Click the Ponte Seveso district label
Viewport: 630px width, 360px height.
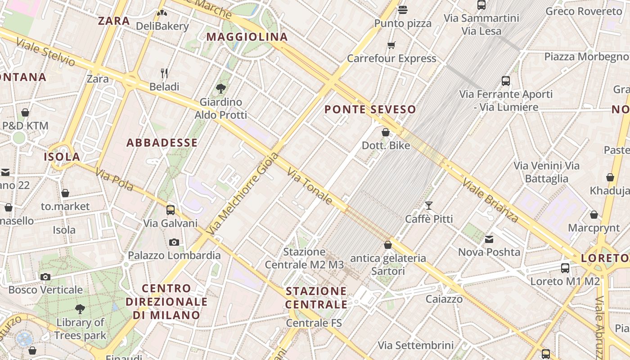pyautogui.click(x=370, y=109)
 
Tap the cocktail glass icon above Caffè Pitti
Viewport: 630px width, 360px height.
pyautogui.click(x=429, y=206)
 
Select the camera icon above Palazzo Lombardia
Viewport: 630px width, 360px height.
pyautogui.click(x=174, y=242)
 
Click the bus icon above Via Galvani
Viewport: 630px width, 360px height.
pyautogui.click(x=171, y=210)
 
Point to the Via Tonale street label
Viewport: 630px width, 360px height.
pyautogui.click(x=310, y=186)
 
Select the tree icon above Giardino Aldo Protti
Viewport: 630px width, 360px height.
pyautogui.click(x=221, y=88)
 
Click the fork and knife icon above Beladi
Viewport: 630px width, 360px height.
pyautogui.click(x=164, y=73)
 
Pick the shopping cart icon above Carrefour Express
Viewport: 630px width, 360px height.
pyautogui.click(x=391, y=45)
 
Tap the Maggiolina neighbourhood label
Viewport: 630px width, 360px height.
pyautogui.click(x=247, y=37)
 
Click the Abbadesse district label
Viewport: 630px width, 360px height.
pyautogui.click(x=162, y=143)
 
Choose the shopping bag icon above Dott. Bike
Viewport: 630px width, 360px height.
pyautogui.click(x=386, y=132)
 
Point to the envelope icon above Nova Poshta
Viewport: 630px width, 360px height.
pyautogui.click(x=489, y=239)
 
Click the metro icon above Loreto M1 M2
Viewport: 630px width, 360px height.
pyautogui.click(x=565, y=268)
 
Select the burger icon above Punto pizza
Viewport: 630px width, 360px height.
pyautogui.click(x=403, y=10)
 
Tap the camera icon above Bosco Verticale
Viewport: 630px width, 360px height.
pyautogui.click(x=45, y=277)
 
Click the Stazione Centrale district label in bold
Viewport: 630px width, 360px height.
pyautogui.click(x=316, y=297)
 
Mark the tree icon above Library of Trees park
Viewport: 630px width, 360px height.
pyautogui.click(x=80, y=309)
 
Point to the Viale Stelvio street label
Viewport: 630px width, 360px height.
pyautogui.click(x=45, y=52)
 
